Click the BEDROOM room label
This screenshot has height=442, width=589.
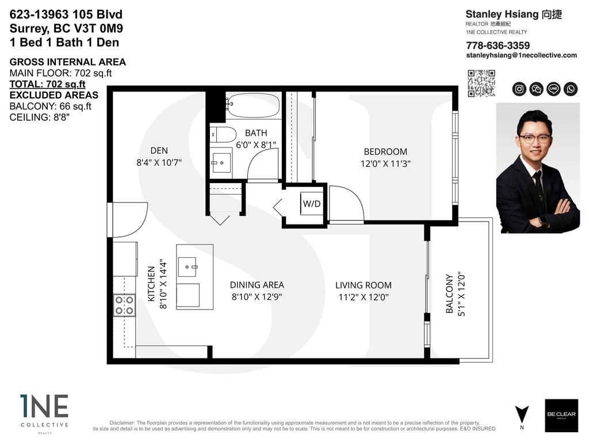point(385,152)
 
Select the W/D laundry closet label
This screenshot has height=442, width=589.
point(312,204)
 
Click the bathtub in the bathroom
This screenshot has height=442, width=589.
point(253,106)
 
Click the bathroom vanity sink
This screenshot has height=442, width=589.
point(220,163)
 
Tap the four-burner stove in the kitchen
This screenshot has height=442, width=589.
point(124,305)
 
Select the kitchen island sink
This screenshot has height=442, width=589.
point(189,266)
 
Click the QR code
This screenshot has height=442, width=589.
point(481,83)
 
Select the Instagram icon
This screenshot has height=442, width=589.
point(519,89)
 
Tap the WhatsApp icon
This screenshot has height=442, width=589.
point(571,89)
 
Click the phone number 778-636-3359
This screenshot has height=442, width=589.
point(498,45)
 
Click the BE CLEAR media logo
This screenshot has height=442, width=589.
point(561,415)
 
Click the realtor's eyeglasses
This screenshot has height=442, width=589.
point(533,138)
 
